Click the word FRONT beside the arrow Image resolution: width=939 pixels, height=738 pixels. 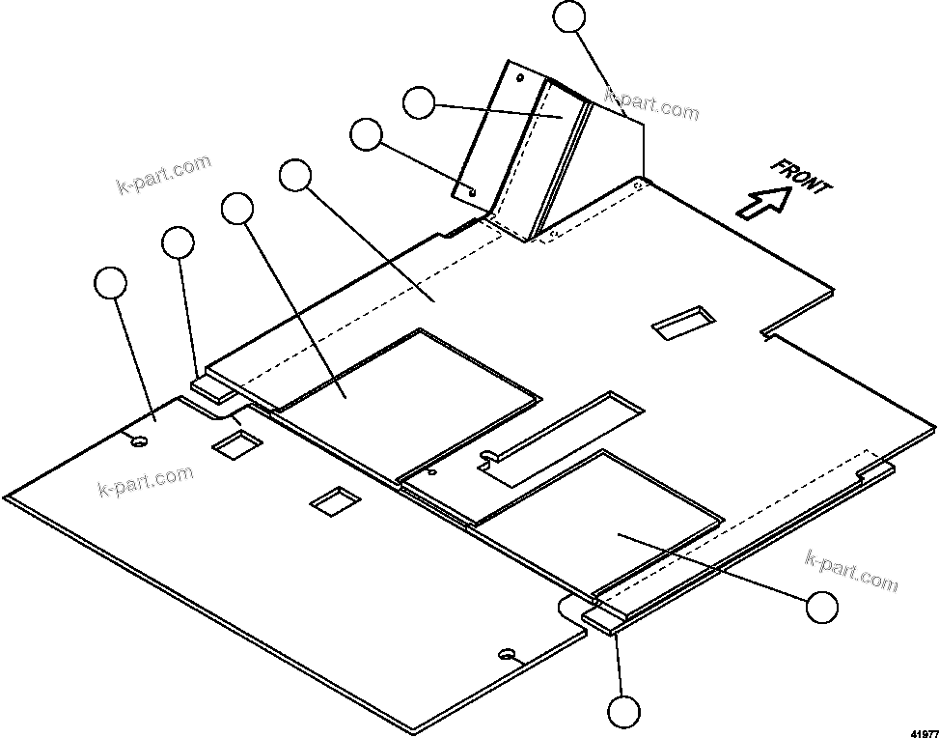point(801,177)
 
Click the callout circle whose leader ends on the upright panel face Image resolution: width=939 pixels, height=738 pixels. point(418,102)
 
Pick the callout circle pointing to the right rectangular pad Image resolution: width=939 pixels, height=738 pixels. point(821,608)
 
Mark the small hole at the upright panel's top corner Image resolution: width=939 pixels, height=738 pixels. point(519,76)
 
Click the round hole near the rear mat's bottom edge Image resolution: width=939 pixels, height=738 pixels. point(506,655)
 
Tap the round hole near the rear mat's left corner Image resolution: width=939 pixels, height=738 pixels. point(140,441)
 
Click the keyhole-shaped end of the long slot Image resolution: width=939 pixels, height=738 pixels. point(489,457)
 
